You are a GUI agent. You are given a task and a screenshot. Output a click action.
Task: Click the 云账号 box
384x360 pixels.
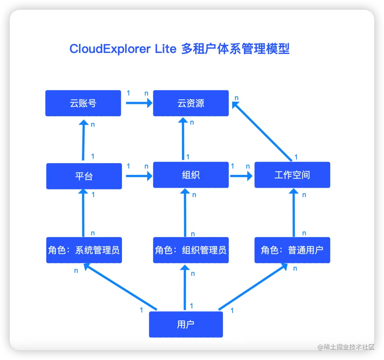tap(83, 103)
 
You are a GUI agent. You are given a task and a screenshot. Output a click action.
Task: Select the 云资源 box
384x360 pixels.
tap(191, 103)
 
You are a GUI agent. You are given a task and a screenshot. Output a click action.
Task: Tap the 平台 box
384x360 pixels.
tap(84, 176)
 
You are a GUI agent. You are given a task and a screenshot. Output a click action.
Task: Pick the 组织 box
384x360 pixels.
tap(191, 175)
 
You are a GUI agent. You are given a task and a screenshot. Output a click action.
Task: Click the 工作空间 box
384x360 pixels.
tap(292, 175)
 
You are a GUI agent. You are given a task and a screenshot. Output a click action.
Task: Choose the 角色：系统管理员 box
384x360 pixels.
tap(84, 250)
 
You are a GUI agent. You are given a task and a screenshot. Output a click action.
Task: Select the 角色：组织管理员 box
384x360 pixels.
tap(191, 250)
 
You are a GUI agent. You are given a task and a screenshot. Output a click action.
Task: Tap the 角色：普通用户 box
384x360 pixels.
tap(292, 250)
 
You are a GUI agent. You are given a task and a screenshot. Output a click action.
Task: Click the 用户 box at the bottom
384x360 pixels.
tap(186, 324)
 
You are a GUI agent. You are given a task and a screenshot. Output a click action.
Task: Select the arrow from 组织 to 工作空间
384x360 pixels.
tap(241, 176)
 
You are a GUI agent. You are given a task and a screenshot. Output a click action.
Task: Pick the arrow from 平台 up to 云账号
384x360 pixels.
tap(84, 140)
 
